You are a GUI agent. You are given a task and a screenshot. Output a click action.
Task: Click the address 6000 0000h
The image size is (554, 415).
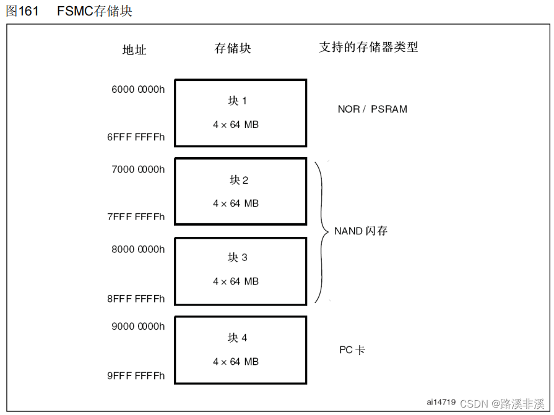(138, 89)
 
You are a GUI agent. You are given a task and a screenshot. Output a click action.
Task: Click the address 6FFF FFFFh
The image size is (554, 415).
(136, 137)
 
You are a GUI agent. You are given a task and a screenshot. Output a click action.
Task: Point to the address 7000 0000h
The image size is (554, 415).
(138, 169)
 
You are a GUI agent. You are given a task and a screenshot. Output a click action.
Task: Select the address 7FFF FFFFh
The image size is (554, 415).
(136, 217)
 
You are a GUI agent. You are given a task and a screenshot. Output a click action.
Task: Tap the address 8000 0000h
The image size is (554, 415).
(138, 249)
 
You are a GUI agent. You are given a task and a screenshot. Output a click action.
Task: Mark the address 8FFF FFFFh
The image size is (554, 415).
(136, 299)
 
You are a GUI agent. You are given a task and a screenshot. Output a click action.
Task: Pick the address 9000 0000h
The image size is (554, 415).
(138, 326)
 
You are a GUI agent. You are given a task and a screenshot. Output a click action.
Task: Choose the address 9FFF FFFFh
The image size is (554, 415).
(136, 375)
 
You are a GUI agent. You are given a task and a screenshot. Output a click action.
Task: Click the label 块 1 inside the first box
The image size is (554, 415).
(237, 100)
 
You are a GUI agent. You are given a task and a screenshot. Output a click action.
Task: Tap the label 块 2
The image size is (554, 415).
(239, 180)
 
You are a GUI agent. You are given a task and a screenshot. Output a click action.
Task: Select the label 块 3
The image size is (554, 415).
(238, 257)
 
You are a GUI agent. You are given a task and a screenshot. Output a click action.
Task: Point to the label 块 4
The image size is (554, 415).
(238, 338)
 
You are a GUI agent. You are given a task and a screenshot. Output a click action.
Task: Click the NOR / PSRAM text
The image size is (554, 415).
(373, 109)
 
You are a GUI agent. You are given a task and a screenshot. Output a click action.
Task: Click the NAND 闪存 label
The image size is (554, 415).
(361, 231)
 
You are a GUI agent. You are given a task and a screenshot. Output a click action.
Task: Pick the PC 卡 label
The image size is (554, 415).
(352, 350)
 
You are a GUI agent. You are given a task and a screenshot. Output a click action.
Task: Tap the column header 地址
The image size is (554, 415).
(134, 49)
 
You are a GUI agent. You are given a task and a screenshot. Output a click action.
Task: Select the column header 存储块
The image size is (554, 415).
(233, 48)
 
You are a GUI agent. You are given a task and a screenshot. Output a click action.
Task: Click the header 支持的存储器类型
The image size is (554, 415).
(368, 47)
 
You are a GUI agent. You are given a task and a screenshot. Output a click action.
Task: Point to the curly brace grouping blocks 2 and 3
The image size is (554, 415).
(322, 231)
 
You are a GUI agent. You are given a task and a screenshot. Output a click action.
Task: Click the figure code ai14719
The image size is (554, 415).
(441, 402)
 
